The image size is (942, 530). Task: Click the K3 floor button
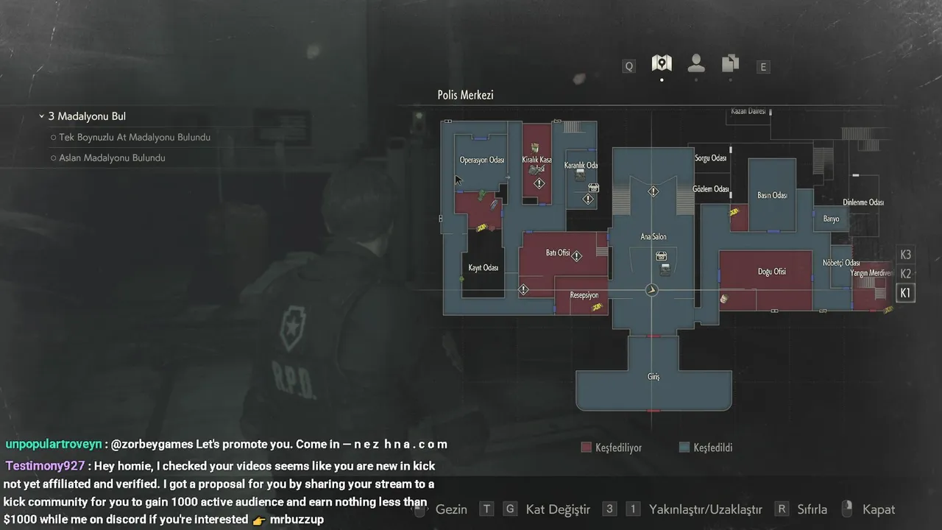[x=905, y=255]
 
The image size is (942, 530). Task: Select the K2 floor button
[x=905, y=274]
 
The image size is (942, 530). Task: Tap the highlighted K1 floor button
[x=905, y=293]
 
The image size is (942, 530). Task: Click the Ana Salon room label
[x=653, y=237]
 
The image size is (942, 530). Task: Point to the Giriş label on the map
[x=654, y=377]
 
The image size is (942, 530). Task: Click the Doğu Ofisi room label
[x=771, y=272]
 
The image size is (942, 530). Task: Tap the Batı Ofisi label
[x=558, y=253]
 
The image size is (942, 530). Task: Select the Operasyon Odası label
[x=481, y=160]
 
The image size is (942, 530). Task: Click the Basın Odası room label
[x=772, y=196]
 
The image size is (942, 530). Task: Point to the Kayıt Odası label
[x=484, y=268]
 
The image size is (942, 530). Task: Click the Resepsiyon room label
[x=584, y=295]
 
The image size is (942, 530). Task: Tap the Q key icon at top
[x=629, y=66]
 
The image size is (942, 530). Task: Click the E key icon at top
[x=763, y=67]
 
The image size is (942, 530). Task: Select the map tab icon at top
[x=662, y=63]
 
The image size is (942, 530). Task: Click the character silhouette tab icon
[x=695, y=63]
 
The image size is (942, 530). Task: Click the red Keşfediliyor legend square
[x=587, y=448]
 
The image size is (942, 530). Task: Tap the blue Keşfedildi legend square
[x=684, y=448]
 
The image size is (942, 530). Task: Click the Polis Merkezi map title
[x=465, y=95]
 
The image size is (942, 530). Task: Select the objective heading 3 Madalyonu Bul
[x=87, y=116]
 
